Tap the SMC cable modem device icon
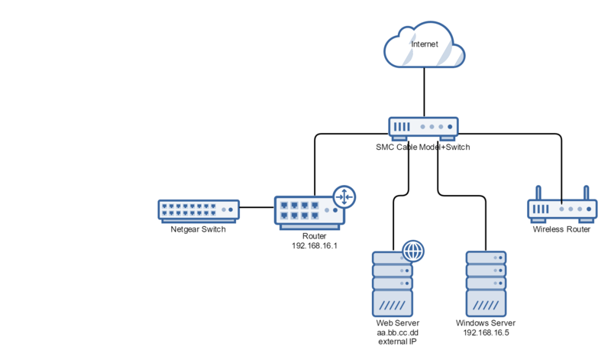coord(423,127)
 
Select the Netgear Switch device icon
coord(198,208)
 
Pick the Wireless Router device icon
coord(562,209)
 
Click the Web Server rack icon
coord(393,284)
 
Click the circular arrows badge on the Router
coord(344,196)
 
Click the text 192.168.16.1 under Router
coord(315,246)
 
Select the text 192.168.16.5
coord(486,332)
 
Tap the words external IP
coord(393,342)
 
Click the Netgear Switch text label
coord(198,229)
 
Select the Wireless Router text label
coord(561,229)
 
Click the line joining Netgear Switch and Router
coord(257,207)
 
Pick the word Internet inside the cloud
coord(425,44)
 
